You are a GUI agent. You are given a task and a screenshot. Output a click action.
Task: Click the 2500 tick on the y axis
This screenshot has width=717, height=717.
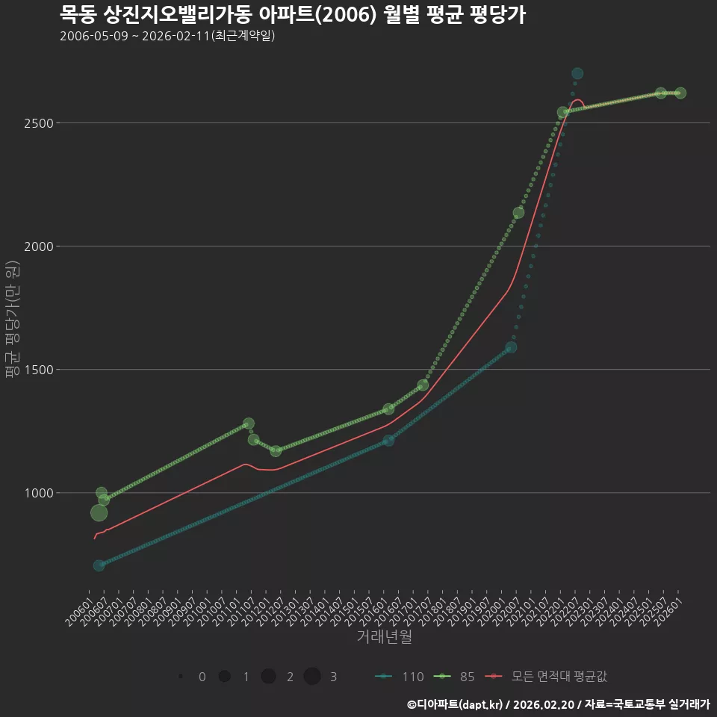pyautogui.click(x=38, y=123)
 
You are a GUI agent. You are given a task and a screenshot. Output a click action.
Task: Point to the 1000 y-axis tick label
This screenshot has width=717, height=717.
pyautogui.click(x=38, y=493)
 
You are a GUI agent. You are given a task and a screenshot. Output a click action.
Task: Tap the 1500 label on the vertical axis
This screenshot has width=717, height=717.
pyautogui.click(x=38, y=370)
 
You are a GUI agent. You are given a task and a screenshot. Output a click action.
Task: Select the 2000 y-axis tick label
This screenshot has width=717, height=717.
pyautogui.click(x=38, y=246)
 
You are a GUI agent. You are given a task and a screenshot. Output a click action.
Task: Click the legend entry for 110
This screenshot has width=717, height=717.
pyautogui.click(x=399, y=677)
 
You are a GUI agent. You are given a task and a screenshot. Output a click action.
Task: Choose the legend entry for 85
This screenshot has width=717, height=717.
pyautogui.click(x=454, y=677)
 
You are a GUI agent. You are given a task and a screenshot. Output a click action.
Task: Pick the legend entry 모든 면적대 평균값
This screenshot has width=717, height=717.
pyautogui.click(x=545, y=677)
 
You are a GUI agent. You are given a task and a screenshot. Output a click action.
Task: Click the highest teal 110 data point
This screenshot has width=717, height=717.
pyautogui.click(x=577, y=73)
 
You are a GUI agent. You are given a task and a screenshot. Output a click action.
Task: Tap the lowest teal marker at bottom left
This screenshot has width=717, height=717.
pyautogui.click(x=99, y=565)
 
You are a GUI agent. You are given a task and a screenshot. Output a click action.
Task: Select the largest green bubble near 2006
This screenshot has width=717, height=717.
pyautogui.click(x=99, y=513)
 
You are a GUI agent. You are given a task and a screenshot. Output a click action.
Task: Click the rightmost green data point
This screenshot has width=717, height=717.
pyautogui.click(x=680, y=93)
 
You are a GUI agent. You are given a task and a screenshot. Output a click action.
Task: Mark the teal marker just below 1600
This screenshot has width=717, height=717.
pyautogui.click(x=511, y=347)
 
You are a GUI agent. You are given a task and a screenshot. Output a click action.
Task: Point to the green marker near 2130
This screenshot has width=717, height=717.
pyautogui.click(x=518, y=213)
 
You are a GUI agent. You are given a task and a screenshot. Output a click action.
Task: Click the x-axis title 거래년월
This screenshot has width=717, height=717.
pyautogui.click(x=384, y=636)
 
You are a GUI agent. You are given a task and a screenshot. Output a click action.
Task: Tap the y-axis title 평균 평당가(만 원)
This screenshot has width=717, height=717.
pyautogui.click(x=13, y=319)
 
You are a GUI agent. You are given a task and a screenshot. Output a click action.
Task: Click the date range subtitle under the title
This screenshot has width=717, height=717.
pyautogui.click(x=167, y=36)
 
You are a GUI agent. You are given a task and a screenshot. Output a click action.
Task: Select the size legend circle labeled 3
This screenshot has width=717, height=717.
pyautogui.click(x=312, y=677)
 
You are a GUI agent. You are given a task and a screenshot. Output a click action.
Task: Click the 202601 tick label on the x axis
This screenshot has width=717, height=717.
pyautogui.click(x=669, y=612)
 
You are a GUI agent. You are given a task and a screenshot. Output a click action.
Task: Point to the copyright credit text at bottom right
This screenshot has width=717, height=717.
pyautogui.click(x=559, y=704)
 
